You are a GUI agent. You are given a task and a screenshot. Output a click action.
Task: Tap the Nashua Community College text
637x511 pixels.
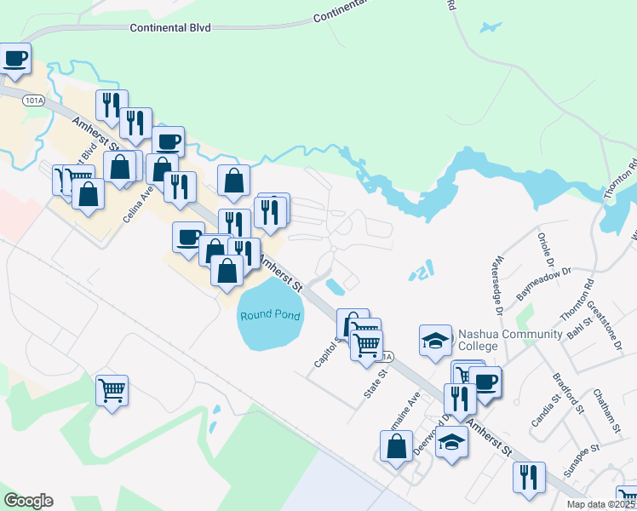509,340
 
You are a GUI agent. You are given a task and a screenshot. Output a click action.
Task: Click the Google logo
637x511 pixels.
28,501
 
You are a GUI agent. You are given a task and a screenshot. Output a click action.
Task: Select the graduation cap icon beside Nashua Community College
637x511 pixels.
435,340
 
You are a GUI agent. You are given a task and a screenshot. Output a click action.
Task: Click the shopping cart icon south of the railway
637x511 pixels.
112,390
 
